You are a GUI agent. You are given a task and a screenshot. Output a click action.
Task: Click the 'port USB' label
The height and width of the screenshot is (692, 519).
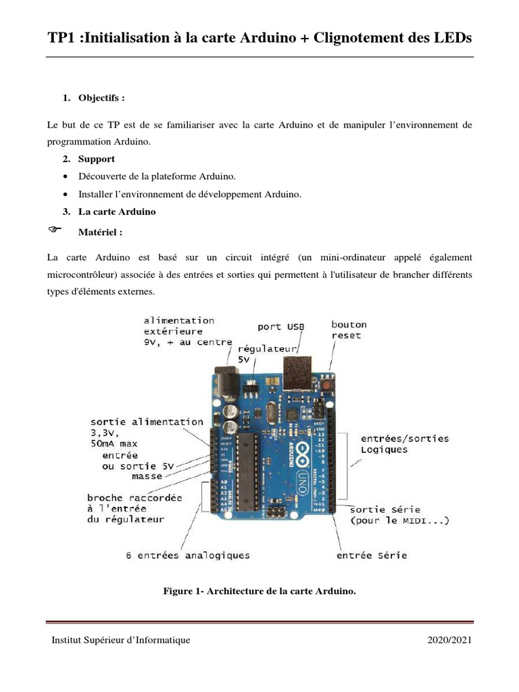280,326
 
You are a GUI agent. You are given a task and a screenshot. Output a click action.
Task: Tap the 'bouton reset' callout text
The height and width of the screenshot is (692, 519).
349,330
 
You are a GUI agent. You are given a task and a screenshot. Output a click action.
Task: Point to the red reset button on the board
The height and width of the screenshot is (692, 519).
327,386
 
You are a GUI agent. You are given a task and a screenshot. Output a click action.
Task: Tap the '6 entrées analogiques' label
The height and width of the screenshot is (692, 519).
188,555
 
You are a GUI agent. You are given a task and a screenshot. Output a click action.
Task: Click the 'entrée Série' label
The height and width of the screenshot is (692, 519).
372,556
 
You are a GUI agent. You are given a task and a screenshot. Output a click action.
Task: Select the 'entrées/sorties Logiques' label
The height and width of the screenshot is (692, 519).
404,444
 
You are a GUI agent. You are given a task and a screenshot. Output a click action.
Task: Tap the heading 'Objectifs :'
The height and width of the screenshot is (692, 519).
101,98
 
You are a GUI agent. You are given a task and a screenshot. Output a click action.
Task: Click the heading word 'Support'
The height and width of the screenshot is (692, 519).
96,159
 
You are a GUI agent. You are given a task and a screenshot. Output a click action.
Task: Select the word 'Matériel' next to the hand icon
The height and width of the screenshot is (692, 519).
100,232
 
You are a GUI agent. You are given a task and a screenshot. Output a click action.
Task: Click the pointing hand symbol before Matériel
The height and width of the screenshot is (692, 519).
54,230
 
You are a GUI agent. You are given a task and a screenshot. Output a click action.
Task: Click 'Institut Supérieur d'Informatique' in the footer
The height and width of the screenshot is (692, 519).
121,640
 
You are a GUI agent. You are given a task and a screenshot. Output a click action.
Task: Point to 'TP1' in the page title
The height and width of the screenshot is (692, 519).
65,38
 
